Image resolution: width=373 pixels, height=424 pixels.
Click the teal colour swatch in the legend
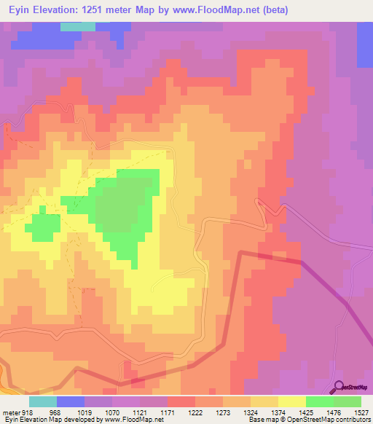[x=43, y=401]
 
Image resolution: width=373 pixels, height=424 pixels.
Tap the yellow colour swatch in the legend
[x=292, y=401]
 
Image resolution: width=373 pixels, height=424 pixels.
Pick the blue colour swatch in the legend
[x=71, y=401]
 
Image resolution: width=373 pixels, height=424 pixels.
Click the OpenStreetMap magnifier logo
[x=338, y=387]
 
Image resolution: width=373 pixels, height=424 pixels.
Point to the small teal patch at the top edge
[x=77, y=26]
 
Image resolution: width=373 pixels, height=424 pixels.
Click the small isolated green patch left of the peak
[x=43, y=227]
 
